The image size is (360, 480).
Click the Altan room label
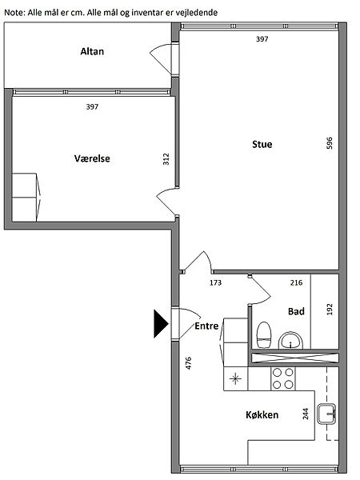pos(92,51)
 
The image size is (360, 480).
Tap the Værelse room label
pos(92,158)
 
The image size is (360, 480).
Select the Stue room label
pos(262,144)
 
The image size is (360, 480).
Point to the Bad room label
pos(296,312)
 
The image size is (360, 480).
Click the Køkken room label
pos(262,414)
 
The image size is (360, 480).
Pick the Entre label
pos(206,326)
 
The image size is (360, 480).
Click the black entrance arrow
pos(161,324)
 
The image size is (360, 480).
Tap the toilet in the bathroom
pos(264,335)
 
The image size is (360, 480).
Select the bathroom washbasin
pos(290,341)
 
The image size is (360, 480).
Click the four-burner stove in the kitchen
pos(283,378)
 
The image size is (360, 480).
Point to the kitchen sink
pos(326,414)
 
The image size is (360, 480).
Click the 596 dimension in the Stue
pos(330,143)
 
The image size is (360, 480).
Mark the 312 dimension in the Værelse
pos(166,159)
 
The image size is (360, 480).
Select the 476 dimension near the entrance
pos(189,363)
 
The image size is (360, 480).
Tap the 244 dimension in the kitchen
pos(306,414)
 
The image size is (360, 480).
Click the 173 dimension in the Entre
pos(215,282)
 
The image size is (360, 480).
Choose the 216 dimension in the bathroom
pos(296,282)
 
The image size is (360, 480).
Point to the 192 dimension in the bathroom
pos(330,310)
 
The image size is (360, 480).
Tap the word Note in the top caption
pos(12,13)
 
